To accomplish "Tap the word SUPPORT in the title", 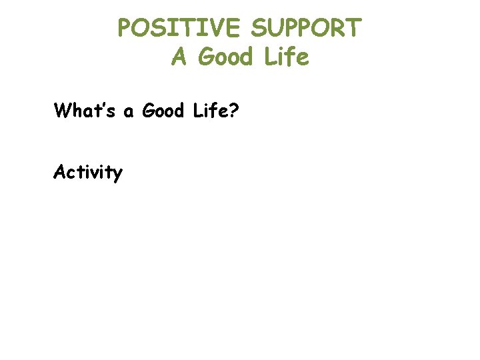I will tap(307, 28).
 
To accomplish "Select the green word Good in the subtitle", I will tap(227, 57).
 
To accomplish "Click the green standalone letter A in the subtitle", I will tap(178, 57).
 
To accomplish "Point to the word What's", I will tap(86, 110).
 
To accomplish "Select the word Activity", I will tap(88, 173).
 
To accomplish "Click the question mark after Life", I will tap(234, 110).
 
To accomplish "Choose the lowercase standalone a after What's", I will tap(129, 112).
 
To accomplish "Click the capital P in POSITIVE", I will tap(125, 28).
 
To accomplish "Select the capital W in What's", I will tap(63, 110).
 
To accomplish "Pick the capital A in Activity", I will tap(60, 172).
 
